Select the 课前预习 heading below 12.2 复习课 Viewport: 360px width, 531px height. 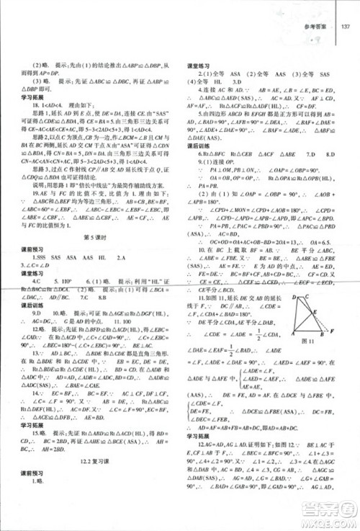coord(28,488)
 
